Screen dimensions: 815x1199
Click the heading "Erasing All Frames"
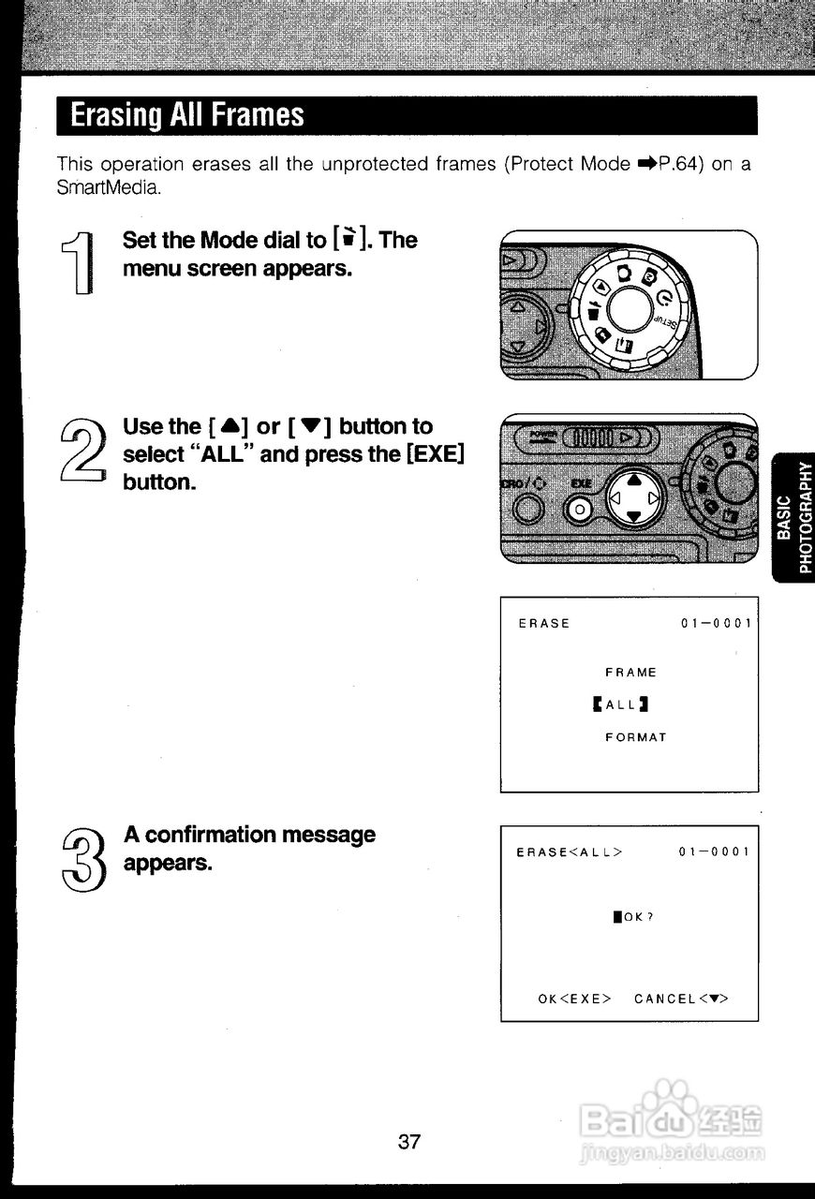187,115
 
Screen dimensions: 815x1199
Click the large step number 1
79,264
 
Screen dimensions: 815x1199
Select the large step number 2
80,449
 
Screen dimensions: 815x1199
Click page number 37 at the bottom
409,1142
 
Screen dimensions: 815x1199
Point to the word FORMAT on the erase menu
635,737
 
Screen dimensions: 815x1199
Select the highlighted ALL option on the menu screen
620,704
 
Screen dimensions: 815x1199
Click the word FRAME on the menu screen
630,673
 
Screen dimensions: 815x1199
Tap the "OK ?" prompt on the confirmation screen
633,917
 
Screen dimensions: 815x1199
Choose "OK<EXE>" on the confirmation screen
574,999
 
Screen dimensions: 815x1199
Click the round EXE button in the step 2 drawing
579,508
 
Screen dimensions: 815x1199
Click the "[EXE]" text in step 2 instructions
432,455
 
